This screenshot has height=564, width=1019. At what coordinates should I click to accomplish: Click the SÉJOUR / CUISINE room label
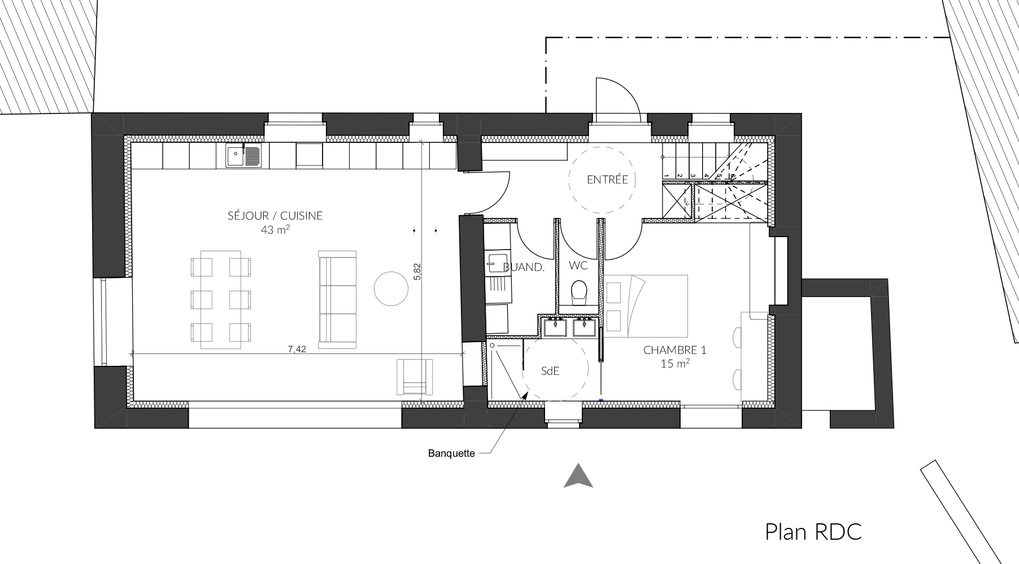point(275,216)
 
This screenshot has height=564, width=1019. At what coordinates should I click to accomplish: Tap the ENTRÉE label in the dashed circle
point(607,180)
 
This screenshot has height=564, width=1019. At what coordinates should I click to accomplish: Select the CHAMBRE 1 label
point(674,351)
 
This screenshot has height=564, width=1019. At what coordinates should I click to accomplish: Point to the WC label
point(578,265)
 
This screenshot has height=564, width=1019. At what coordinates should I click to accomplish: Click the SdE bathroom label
point(550,371)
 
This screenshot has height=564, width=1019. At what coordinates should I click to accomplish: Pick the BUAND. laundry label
point(524,268)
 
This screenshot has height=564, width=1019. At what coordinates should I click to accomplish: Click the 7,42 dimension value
point(297,349)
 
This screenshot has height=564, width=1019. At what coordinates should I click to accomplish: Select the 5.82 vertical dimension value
point(417,271)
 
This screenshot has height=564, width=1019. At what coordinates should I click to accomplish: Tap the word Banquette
point(451,453)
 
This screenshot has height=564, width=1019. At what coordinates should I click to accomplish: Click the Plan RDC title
point(813,532)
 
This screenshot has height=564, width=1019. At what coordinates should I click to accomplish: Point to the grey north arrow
point(578,475)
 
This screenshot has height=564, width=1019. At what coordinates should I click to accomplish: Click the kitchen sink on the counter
point(244,156)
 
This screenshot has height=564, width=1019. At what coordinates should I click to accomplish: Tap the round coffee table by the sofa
point(391,288)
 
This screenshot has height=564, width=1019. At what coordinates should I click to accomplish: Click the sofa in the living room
point(338,300)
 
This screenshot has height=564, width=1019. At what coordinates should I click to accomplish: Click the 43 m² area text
point(275,229)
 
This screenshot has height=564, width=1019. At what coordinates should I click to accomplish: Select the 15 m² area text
point(675,364)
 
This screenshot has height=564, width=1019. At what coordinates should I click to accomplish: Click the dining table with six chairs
point(220,299)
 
